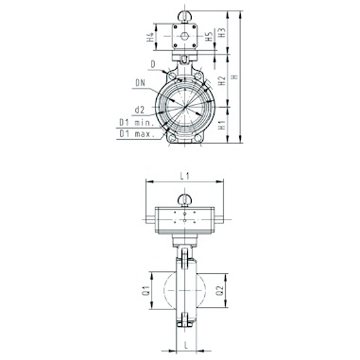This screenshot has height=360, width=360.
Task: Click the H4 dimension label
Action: (151, 37)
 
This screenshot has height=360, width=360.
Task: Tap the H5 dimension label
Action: (209, 37)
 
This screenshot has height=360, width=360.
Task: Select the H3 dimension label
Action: (223, 33)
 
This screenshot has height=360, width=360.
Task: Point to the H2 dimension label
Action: (222, 80)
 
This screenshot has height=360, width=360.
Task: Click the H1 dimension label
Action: (222, 125)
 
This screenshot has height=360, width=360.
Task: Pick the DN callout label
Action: (140, 83)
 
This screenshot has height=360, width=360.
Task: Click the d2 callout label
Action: (139, 110)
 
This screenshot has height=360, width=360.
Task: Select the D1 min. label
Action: (137, 123)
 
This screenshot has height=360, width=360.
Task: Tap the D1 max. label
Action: (137, 134)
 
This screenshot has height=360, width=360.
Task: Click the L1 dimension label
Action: (185, 177)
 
